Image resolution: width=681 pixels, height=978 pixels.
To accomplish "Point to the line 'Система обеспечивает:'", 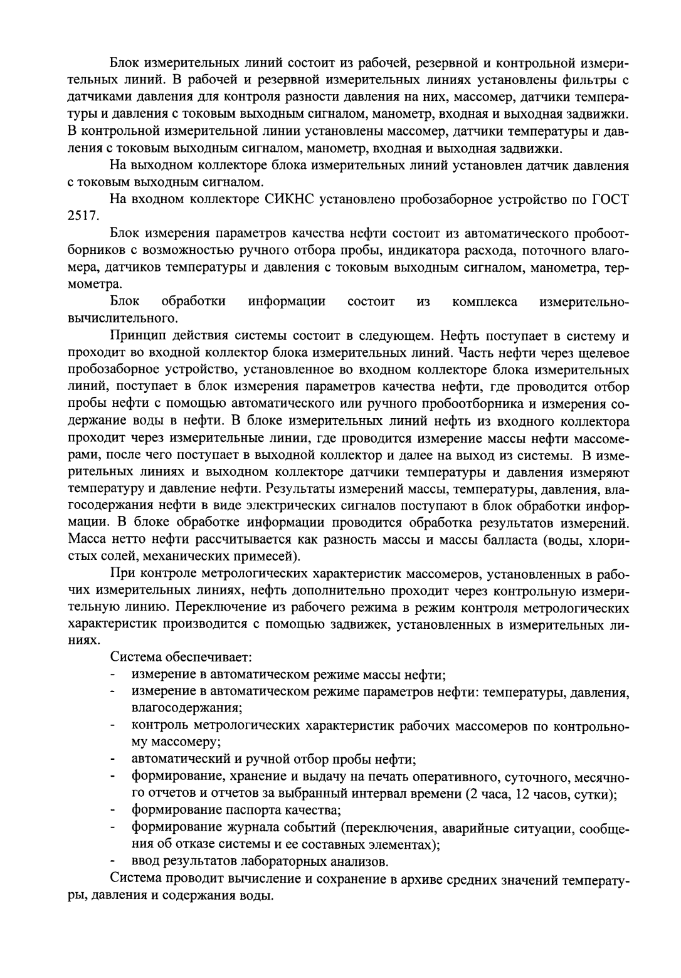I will (181, 658).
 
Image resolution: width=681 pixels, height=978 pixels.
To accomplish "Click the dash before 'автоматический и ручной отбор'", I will (113, 759).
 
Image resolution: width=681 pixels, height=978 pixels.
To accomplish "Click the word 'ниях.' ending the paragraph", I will (82, 641).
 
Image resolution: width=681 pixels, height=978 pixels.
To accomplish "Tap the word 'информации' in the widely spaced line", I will (287, 302).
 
